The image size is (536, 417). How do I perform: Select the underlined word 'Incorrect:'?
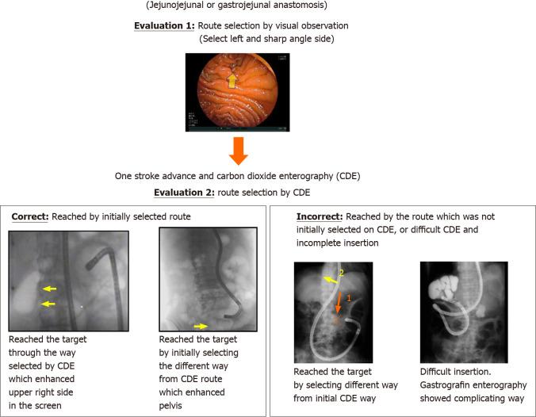point(319,216)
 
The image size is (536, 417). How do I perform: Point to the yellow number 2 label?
point(341,274)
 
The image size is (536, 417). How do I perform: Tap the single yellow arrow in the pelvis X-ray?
point(201,325)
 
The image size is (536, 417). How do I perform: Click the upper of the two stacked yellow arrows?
point(49,289)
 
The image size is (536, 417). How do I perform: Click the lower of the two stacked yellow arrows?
point(49,304)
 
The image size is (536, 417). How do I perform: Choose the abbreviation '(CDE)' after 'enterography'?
point(338,174)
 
